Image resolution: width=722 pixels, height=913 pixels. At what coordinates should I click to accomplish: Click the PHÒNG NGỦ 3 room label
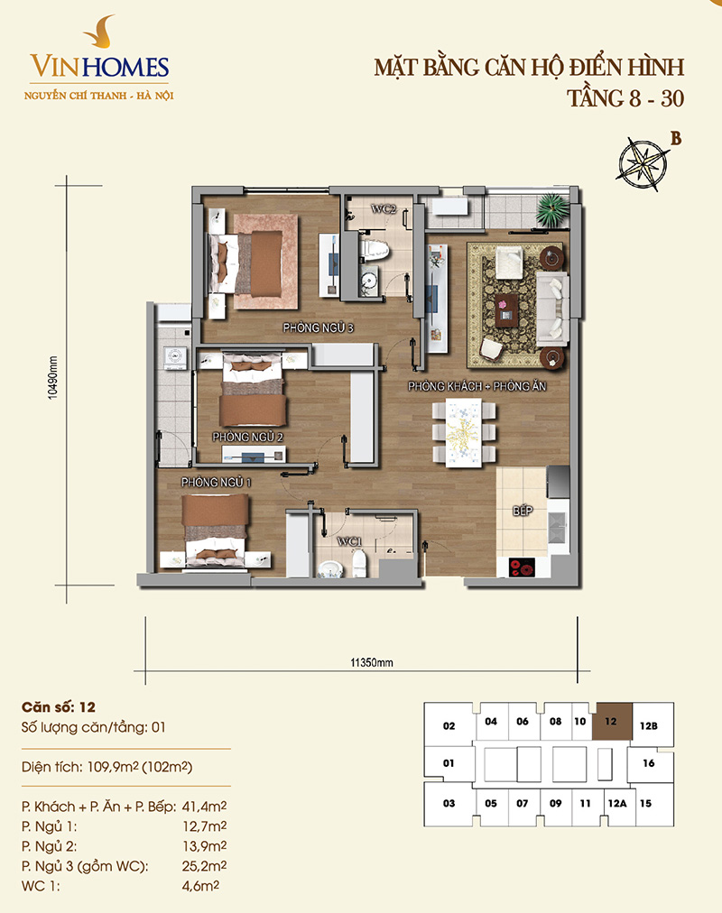click(318, 327)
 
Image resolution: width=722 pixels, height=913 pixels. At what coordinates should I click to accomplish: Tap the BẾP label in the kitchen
click(523, 511)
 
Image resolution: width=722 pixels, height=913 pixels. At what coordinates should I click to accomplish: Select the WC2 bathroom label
click(384, 208)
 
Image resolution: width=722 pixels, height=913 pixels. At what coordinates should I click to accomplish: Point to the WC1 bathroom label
click(349, 541)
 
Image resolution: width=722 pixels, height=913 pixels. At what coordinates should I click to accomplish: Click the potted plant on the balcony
click(551, 209)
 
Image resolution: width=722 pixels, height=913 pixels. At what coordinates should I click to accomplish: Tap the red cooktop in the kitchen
click(522, 567)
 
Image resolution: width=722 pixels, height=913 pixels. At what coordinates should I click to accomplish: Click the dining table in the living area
click(464, 433)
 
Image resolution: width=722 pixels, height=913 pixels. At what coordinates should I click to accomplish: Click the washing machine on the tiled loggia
click(174, 357)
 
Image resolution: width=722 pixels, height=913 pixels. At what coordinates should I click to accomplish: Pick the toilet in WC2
click(375, 251)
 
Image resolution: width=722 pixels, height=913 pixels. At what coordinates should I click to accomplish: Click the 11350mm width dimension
click(372, 662)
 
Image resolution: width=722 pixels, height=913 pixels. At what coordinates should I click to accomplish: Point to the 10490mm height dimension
click(53, 377)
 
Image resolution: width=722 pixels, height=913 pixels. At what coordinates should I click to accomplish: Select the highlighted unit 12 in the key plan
click(612, 722)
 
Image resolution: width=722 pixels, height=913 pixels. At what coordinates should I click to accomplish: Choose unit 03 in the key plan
click(449, 804)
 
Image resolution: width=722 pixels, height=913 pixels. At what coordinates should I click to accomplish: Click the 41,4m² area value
click(204, 807)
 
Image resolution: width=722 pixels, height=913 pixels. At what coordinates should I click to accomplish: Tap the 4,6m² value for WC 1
click(200, 886)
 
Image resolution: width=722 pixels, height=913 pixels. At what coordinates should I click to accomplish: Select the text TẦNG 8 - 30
click(625, 98)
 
